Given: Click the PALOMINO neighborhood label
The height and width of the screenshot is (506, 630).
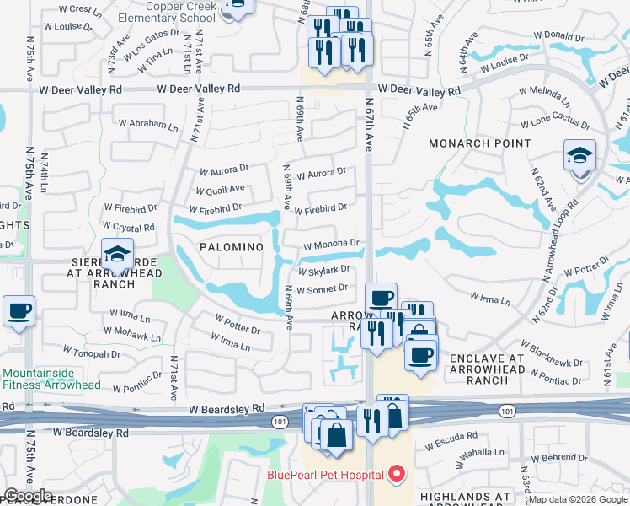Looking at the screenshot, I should tap(232, 246).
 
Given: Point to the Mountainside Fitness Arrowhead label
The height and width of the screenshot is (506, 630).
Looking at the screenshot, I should tap(51, 379).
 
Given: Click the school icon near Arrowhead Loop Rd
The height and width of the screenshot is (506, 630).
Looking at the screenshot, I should tap(579, 156).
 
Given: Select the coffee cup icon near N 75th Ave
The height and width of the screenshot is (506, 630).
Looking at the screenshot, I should tap(19, 310).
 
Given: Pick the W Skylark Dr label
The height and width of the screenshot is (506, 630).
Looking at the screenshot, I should tap(324, 270).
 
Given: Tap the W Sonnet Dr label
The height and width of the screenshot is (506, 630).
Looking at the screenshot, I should tap(323, 288).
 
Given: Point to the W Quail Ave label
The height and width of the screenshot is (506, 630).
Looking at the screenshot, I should tap(222, 189).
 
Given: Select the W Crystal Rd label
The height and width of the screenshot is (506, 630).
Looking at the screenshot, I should tap(129, 227).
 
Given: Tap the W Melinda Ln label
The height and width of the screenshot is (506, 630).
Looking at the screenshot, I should tap(545, 91).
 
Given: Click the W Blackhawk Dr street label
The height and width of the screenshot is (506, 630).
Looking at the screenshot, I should tap(551, 356).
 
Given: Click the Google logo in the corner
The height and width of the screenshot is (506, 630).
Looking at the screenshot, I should tap(28, 496).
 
